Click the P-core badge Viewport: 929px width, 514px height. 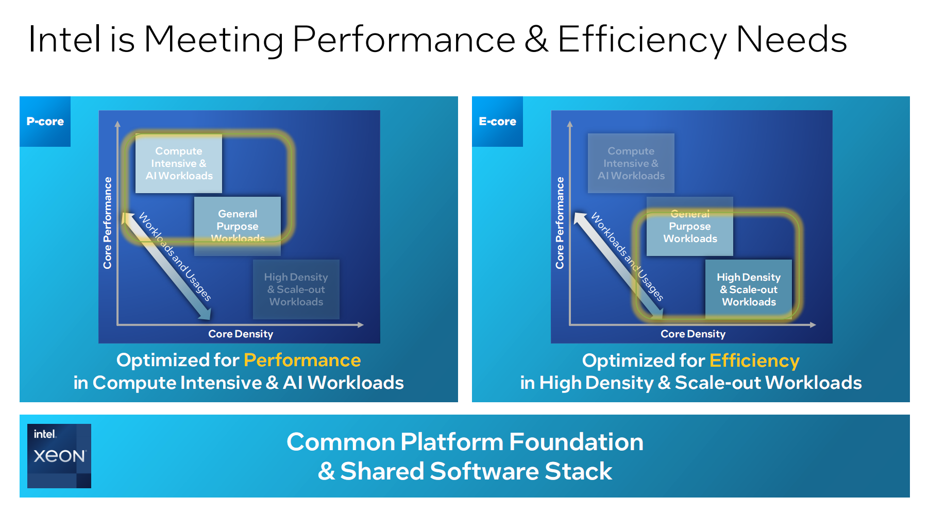pyautogui.click(x=45, y=122)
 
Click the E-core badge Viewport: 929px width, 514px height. pyautogui.click(x=497, y=122)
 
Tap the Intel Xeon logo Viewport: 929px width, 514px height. pyautogui.click(x=59, y=456)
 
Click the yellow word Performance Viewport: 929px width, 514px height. pyautogui.click(x=302, y=360)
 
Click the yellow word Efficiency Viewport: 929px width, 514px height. pyautogui.click(x=754, y=361)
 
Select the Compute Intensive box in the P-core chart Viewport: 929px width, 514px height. pyautogui.click(x=179, y=164)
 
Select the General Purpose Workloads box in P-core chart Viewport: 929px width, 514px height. pyautogui.click(x=238, y=226)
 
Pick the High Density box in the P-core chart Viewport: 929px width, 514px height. pyautogui.click(x=296, y=289)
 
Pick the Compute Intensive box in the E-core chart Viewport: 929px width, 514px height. pyautogui.click(x=631, y=164)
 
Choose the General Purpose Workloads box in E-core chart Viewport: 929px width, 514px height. pyautogui.click(x=690, y=227)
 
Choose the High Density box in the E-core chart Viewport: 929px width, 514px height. pyautogui.click(x=749, y=289)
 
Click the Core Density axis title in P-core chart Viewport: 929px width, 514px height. pyautogui.click(x=241, y=334)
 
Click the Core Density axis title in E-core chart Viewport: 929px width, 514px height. pyautogui.click(x=693, y=334)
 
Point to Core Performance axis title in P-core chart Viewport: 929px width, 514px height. pyautogui.click(x=107, y=223)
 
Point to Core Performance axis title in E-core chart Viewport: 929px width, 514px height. pyautogui.click(x=560, y=223)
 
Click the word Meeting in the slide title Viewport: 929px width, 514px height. pyautogui.click(x=214, y=40)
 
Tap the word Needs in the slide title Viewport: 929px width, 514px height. pyautogui.click(x=791, y=40)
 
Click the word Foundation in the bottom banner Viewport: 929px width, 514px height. pyautogui.click(x=576, y=442)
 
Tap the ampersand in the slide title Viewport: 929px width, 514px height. pyautogui.click(x=536, y=40)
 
